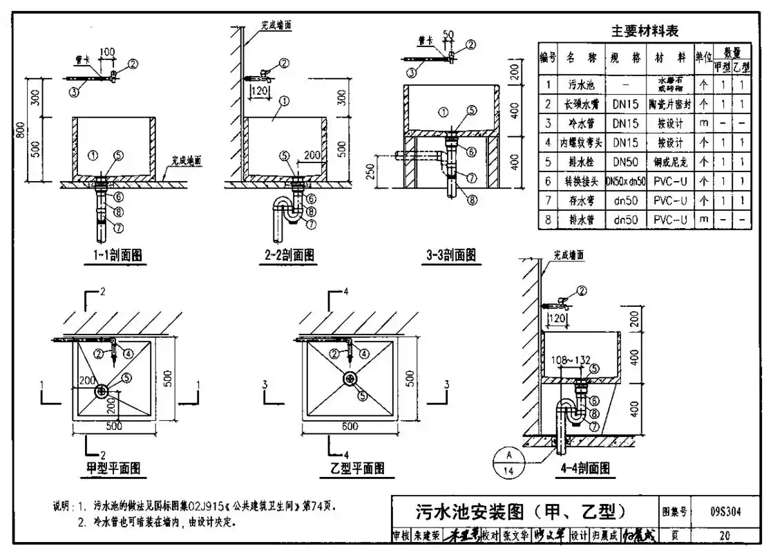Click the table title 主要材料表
pos(645,30)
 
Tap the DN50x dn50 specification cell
pos(625,181)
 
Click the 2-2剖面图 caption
pos(290,255)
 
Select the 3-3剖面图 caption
pos(450,255)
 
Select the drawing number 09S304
pos(725,512)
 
